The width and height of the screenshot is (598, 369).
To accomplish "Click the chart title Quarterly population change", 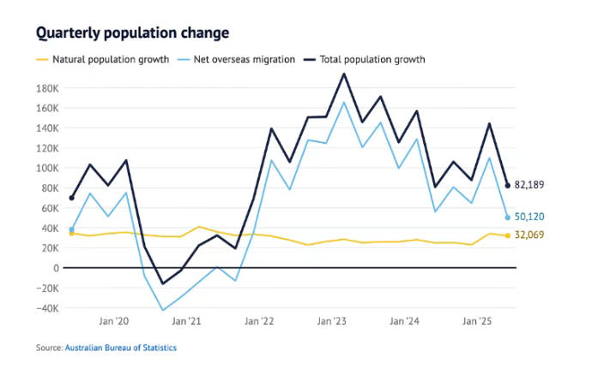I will click(132, 33).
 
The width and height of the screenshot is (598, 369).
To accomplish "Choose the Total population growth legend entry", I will click(371, 60).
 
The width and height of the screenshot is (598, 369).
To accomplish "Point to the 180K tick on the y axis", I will click(46, 88).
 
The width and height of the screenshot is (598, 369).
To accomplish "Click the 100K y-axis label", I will click(46, 168).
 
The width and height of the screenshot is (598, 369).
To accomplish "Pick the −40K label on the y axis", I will click(45, 308).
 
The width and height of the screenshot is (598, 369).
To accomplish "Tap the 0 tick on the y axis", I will click(55, 268).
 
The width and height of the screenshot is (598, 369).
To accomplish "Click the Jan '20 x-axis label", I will click(113, 322).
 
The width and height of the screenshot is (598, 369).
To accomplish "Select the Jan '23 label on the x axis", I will click(331, 322).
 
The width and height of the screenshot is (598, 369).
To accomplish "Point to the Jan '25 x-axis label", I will click(476, 322).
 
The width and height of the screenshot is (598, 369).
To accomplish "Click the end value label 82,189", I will click(529, 185).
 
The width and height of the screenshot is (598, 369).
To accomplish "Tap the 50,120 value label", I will click(529, 217).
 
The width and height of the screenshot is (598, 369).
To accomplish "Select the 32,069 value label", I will click(529, 235).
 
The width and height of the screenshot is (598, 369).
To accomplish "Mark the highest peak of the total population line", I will click(344, 74).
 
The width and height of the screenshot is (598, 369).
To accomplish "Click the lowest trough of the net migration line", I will click(163, 310).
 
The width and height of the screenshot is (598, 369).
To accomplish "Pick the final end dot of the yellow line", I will click(507, 235).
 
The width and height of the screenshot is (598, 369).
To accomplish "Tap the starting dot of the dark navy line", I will click(71, 198).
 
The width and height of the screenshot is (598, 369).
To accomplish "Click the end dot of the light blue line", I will click(507, 217).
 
